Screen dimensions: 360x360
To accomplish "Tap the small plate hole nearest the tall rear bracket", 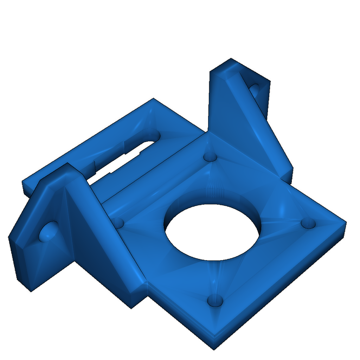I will pos(211,156).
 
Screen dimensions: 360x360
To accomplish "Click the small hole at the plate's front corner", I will pos(215,301).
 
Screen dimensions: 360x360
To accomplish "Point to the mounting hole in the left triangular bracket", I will pos(49,232).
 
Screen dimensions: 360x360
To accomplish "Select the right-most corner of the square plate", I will pos(346,223).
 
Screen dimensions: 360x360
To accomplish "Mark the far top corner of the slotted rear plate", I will pos(153,99).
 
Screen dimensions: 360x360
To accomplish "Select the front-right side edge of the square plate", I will pos(281,292).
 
